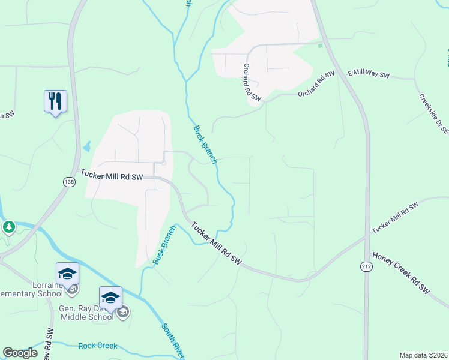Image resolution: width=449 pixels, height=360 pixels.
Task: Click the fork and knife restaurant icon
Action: point(55,101)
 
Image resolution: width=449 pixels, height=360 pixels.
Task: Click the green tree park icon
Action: point(8,227)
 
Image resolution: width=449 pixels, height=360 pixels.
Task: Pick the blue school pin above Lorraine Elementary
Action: point(67,274)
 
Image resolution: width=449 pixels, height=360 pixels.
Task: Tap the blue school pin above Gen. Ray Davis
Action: point(110,298)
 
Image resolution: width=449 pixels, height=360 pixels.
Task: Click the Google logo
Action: point(20,353)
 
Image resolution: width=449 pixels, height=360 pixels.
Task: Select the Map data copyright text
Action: point(424,355)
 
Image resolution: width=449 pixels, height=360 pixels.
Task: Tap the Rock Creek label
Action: point(98,346)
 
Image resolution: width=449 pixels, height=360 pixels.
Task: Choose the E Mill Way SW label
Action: point(369,76)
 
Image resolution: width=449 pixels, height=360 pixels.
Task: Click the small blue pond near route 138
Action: point(88,146)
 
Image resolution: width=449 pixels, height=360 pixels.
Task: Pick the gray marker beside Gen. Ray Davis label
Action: point(123,312)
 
